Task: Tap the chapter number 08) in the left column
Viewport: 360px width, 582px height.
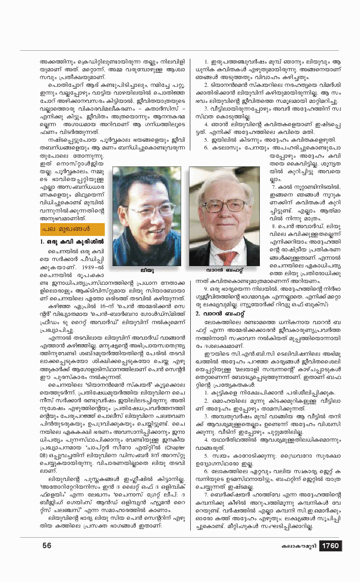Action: (x=44, y=455)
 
